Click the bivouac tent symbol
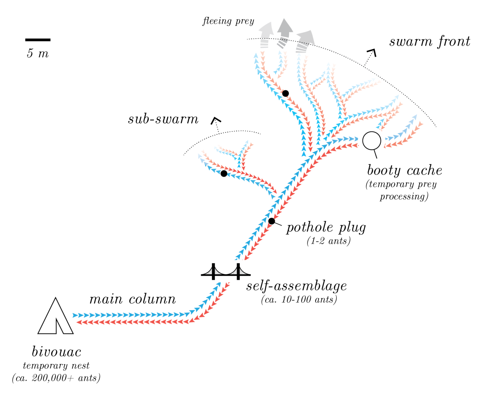point(55,317)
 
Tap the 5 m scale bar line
point(38,40)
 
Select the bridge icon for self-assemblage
point(226,271)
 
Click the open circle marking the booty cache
point(372,141)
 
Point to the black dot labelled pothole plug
point(271,221)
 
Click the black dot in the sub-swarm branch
point(224,173)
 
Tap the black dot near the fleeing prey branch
point(285,93)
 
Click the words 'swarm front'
point(430,42)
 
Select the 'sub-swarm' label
point(163,119)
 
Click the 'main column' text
point(133,299)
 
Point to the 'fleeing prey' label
point(229,21)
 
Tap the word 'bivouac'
point(57,352)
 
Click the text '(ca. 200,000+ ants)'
point(56,378)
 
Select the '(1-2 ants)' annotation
point(328,241)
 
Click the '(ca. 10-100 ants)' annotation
point(299,299)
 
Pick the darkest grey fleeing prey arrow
point(284,32)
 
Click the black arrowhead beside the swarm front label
point(372,52)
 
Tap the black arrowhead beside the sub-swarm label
point(216,120)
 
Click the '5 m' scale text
point(38,53)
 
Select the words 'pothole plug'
point(326,227)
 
